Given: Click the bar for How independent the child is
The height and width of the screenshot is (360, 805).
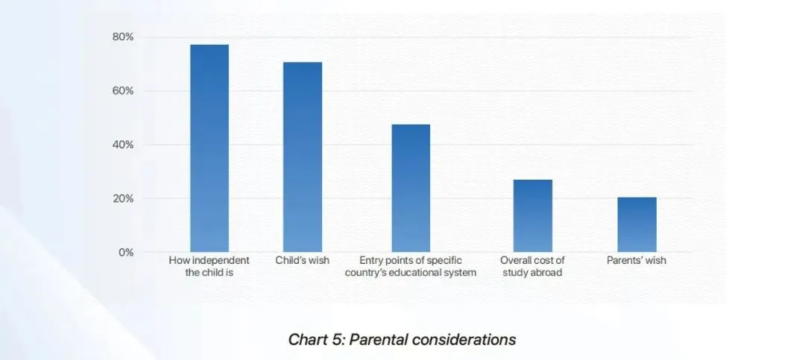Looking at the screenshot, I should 209,148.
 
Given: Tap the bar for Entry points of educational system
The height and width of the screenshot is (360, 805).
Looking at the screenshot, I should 411,188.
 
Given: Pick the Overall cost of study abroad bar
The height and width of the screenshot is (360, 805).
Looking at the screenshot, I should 532,215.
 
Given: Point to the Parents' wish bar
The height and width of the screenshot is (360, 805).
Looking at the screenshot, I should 637,224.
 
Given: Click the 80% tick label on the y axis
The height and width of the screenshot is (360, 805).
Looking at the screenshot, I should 124,37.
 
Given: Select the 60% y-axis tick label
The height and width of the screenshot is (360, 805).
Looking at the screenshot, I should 124,91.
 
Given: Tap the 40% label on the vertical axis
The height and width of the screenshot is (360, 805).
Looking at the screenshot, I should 124,145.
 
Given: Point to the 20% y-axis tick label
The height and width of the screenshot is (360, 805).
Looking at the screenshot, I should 124,199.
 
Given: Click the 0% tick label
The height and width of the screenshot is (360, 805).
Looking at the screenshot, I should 126,253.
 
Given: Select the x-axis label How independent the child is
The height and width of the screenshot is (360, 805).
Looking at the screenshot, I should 209,266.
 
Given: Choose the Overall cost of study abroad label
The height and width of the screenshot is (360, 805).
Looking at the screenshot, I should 532,266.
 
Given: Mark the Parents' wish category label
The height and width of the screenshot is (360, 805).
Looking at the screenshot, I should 637,261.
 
